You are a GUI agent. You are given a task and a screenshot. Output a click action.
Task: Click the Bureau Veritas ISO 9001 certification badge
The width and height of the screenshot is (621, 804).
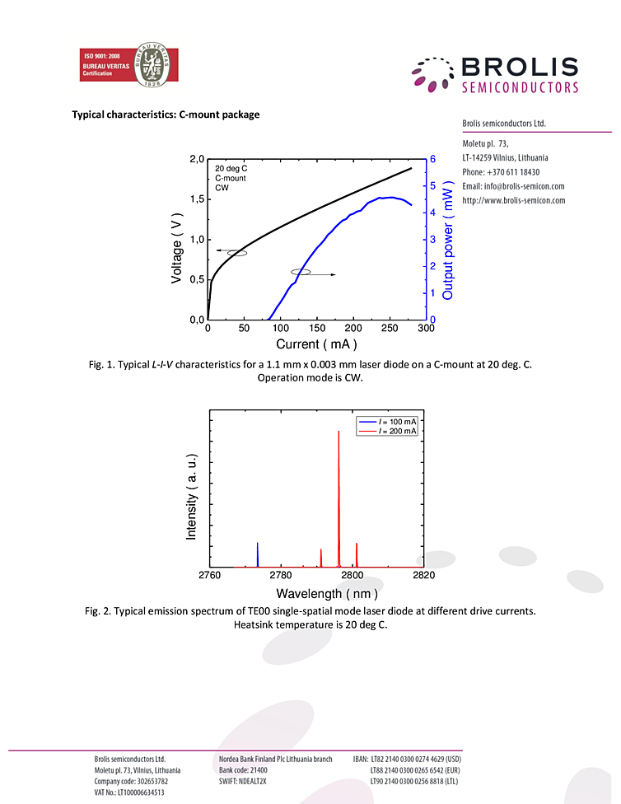click(x=128, y=68)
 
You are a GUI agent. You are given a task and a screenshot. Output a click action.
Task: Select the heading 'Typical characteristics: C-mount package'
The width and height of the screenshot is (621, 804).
click(x=166, y=115)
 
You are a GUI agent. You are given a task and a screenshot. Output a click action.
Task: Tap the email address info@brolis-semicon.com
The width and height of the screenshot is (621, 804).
click(x=512, y=186)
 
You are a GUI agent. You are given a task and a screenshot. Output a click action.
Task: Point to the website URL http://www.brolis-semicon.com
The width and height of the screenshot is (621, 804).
click(x=513, y=200)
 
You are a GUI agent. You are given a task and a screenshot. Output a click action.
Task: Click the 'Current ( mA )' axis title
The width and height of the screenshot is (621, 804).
click(x=317, y=344)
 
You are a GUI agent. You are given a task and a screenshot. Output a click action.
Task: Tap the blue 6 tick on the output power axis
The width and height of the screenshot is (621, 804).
click(x=432, y=159)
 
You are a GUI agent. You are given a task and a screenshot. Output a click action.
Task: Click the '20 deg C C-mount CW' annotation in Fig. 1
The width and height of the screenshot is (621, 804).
click(x=231, y=178)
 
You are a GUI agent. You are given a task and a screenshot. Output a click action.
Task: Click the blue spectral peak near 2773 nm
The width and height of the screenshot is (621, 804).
click(x=258, y=554)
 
